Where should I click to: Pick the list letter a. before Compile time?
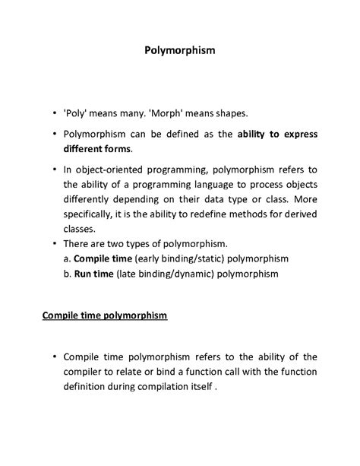coord(68,258)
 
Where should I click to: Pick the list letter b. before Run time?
coord(68,272)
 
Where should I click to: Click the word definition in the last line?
coord(89,385)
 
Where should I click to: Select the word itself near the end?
coord(198,385)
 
